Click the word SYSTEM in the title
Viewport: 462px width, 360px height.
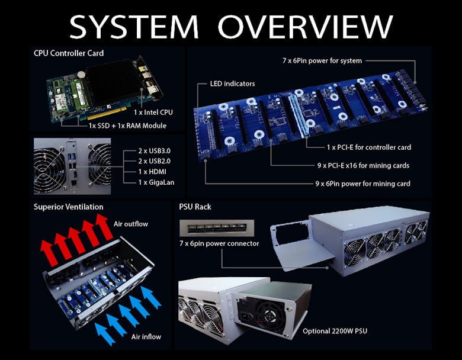point(134,27)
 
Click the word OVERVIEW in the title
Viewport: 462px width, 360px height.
point(305,27)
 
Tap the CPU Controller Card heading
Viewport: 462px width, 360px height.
point(69,53)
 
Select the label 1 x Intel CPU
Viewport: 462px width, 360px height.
point(153,112)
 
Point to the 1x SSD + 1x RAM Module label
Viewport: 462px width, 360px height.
point(127,126)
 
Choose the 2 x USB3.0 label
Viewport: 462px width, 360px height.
point(155,151)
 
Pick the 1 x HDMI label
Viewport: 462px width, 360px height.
point(152,172)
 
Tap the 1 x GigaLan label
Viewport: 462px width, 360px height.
point(156,182)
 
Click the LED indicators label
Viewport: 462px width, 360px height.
point(232,83)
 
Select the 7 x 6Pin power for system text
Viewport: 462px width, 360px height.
point(322,61)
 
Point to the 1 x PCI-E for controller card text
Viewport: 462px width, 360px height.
point(369,147)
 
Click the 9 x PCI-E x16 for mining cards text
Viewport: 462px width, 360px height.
point(363,166)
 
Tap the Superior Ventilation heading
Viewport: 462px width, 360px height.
point(68,207)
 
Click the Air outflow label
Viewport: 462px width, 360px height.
point(131,224)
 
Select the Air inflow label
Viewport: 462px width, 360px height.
point(146,337)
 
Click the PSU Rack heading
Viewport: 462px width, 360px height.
point(195,207)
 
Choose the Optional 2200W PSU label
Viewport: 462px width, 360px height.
point(335,331)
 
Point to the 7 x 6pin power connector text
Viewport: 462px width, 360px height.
point(219,243)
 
